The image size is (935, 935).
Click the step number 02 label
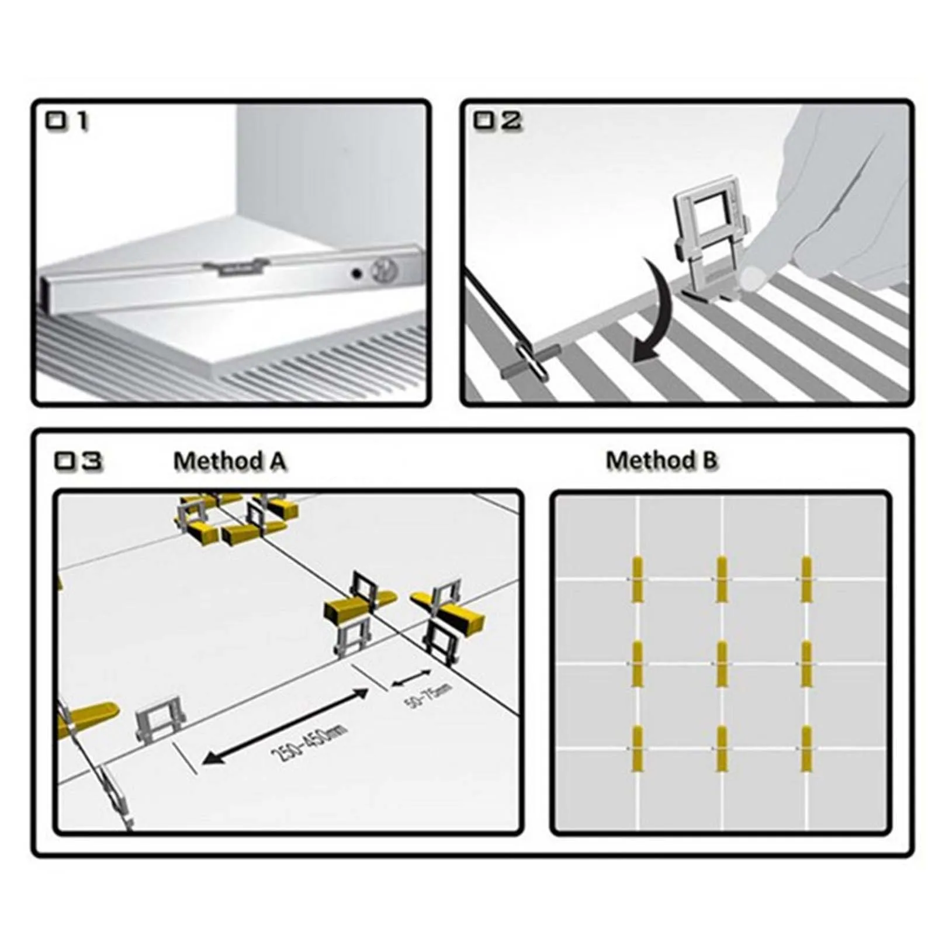(x=497, y=121)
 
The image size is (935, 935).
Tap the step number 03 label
(x=78, y=461)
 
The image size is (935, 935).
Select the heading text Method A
(x=230, y=461)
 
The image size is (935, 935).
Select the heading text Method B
(x=661, y=460)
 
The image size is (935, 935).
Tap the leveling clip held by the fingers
(x=711, y=245)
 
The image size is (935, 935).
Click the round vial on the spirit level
(x=386, y=269)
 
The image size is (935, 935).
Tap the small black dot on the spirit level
(x=355, y=273)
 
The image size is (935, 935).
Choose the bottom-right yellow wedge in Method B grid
(x=806, y=749)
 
